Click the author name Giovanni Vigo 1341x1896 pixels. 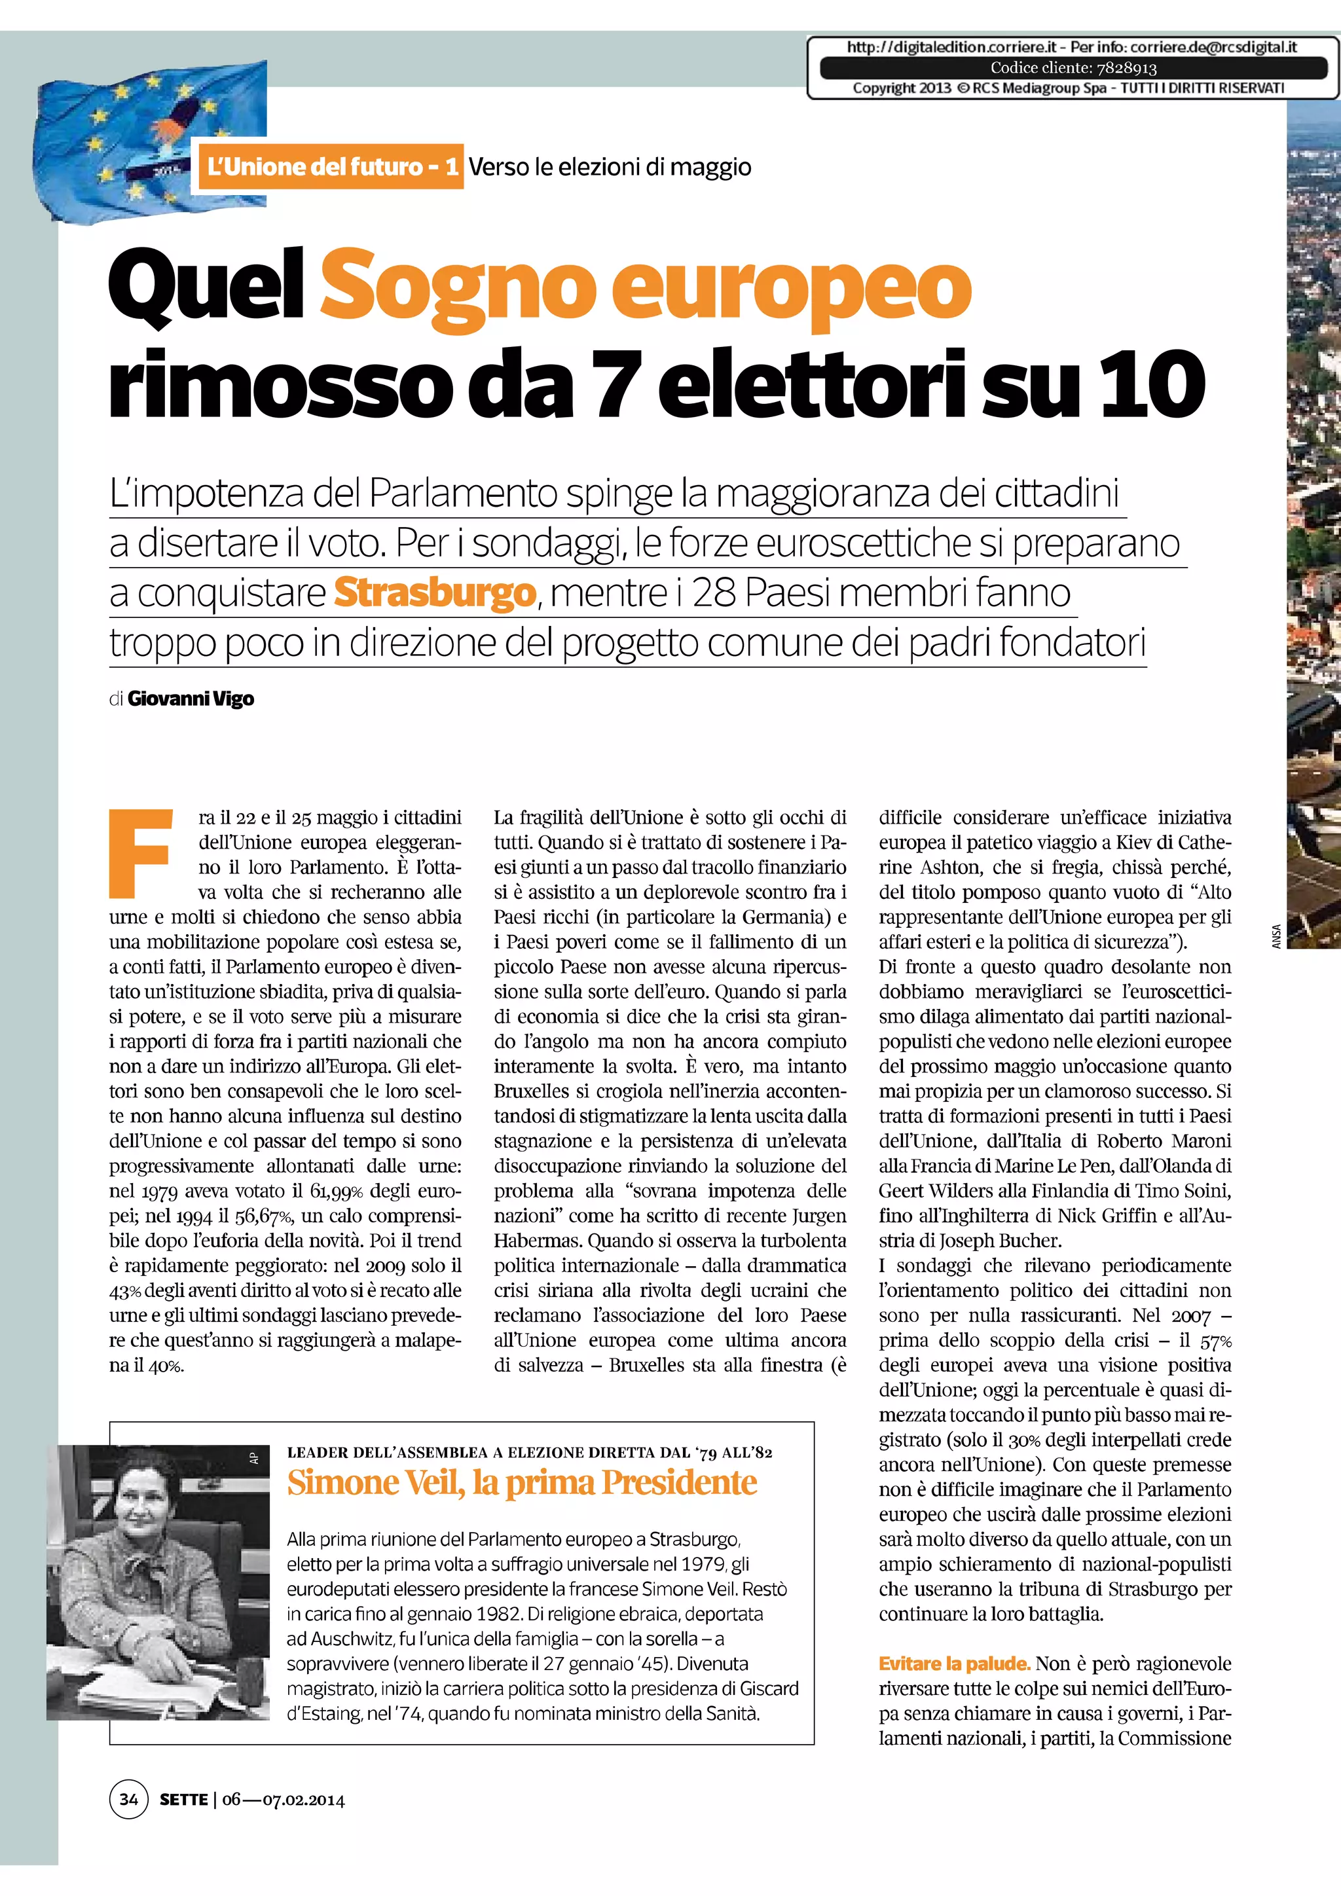pyautogui.click(x=191, y=699)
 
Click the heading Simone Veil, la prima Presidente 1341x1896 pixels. pyautogui.click(x=522, y=1482)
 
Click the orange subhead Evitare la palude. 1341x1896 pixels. pyautogui.click(x=954, y=1663)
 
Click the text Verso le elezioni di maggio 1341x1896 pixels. pyautogui.click(x=610, y=167)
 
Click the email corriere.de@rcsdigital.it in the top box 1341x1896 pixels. pyautogui.click(x=1214, y=47)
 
